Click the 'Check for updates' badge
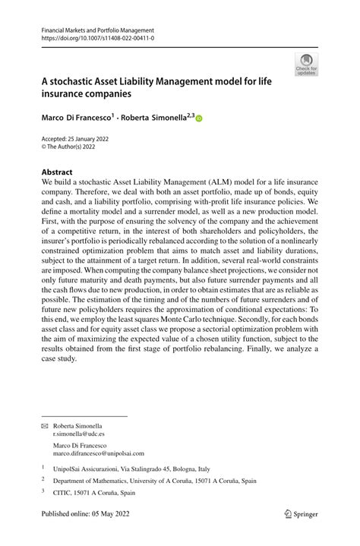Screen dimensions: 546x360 (x=306, y=65)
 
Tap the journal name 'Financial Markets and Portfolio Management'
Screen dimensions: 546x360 (x=99, y=29)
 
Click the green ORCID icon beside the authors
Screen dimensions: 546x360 (x=200, y=118)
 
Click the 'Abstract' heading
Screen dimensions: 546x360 (x=57, y=172)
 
